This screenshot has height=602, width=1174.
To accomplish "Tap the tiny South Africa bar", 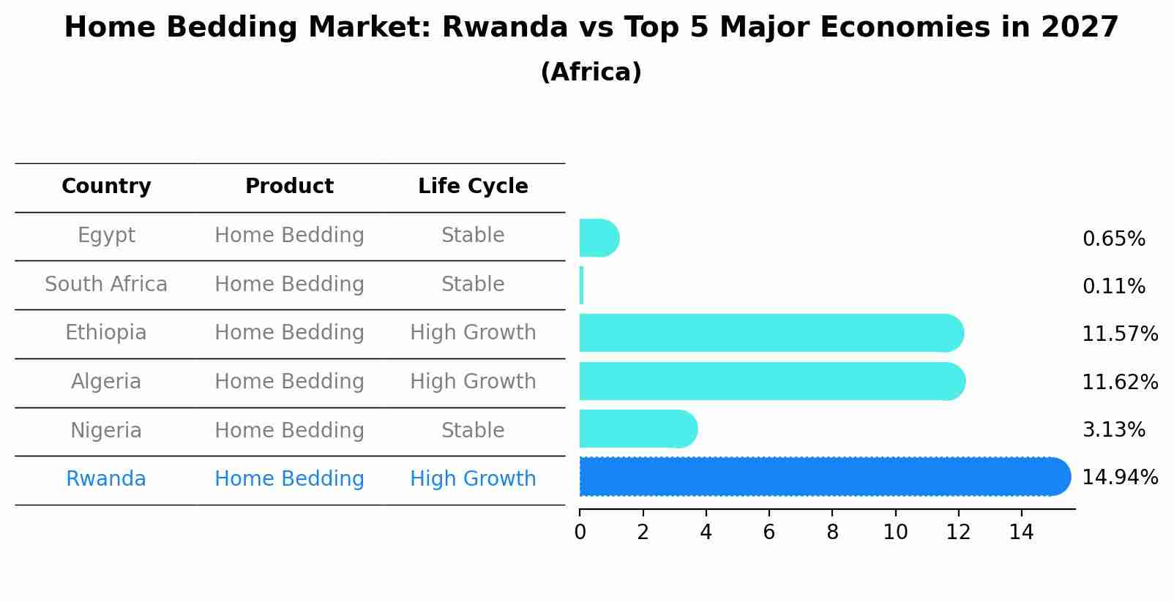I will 582,285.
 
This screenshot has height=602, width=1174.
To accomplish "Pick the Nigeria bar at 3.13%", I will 637,429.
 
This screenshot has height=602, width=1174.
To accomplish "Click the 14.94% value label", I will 1119,478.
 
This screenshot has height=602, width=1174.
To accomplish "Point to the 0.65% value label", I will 1113,239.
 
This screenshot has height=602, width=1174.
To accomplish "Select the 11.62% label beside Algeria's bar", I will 1119,383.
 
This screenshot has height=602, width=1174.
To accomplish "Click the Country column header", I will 106,187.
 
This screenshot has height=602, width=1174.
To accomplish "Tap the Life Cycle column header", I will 473,187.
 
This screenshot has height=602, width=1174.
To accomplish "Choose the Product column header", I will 289,187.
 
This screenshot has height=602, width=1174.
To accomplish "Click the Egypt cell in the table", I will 106,236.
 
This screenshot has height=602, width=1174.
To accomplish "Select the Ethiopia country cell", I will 106,333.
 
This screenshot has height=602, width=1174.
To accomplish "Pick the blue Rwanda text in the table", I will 106,479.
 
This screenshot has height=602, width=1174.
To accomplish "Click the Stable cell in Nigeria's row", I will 473,431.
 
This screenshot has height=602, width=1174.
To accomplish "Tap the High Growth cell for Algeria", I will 473,382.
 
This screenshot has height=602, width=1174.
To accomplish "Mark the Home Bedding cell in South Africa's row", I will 289,285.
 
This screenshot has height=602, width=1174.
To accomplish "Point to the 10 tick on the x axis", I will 895,533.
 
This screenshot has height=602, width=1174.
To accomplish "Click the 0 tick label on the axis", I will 580,533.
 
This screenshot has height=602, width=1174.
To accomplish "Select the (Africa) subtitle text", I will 591,72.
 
